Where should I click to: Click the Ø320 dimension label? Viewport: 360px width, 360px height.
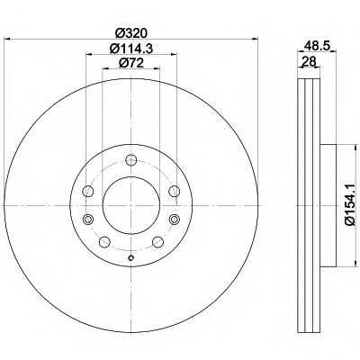131,32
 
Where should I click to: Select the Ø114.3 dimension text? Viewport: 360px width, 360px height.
131,49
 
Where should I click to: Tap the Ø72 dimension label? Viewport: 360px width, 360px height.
131,63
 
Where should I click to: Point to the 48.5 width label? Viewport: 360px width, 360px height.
317,46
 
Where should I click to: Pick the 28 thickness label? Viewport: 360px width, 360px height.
309,61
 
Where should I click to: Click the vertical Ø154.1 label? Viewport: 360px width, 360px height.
349,205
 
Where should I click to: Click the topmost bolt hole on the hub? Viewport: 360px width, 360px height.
130,160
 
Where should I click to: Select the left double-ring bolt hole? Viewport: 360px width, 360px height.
88,220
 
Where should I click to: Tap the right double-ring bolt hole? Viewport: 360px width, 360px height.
174,220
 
